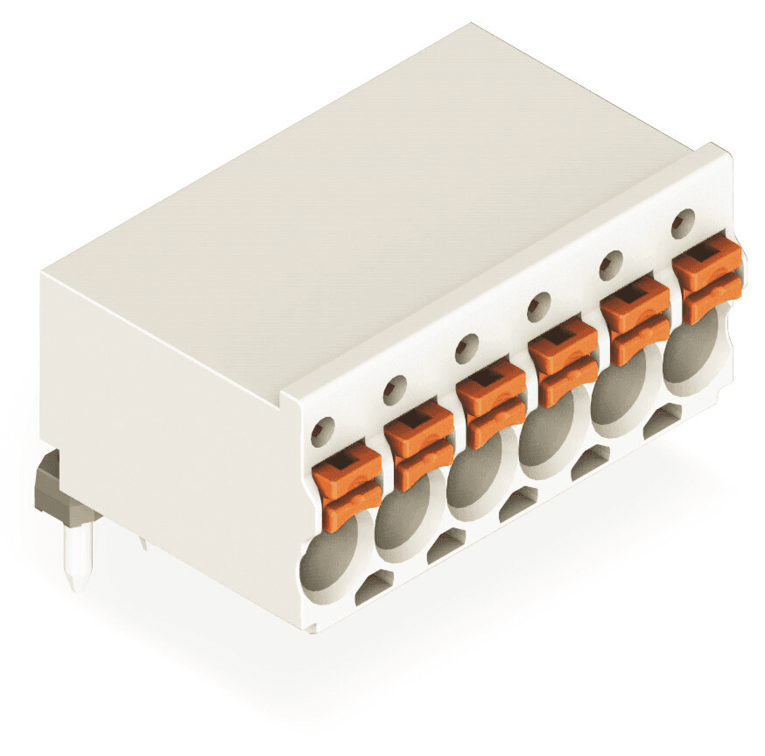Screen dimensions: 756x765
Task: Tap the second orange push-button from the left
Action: (419, 445)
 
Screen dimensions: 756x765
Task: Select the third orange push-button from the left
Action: (491, 405)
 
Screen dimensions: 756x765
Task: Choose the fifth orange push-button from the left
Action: (635, 320)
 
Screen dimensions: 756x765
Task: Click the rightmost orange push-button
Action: (707, 279)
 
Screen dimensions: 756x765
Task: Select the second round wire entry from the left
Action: (398, 521)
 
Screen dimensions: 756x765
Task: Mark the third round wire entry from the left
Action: (471, 484)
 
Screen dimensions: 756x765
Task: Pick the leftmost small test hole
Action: (323, 429)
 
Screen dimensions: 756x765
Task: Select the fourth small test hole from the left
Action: (538, 306)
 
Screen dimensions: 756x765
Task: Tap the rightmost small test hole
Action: (683, 223)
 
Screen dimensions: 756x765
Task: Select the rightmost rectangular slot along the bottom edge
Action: (662, 421)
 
